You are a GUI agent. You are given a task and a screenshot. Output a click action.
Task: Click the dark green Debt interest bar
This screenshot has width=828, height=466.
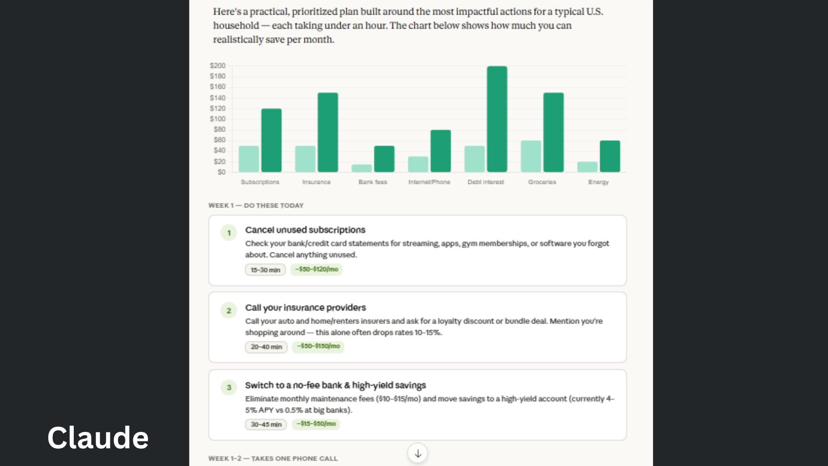click(497, 119)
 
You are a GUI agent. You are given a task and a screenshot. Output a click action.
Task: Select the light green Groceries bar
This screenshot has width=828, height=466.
click(530, 156)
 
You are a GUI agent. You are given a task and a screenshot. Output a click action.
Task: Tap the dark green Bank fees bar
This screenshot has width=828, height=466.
click(384, 159)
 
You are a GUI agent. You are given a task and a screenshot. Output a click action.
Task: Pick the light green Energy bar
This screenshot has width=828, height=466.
click(587, 167)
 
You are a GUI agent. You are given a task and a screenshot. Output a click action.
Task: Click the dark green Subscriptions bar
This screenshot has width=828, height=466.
click(271, 140)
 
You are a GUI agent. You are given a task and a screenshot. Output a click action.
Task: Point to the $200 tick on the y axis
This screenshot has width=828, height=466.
click(218, 66)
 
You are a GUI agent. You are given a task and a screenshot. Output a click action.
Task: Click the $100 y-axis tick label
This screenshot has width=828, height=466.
click(218, 119)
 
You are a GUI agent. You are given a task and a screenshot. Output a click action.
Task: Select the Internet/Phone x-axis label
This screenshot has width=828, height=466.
click(429, 182)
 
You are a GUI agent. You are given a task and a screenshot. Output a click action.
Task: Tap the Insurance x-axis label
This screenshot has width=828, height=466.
click(316, 182)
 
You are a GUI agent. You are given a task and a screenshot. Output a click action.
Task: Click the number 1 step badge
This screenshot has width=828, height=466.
click(229, 233)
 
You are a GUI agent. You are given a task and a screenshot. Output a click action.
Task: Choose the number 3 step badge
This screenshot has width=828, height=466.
click(229, 387)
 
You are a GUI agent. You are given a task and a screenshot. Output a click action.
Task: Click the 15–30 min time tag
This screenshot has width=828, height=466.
click(265, 270)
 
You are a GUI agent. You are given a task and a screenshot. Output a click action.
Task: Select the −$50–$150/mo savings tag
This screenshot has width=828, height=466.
click(318, 346)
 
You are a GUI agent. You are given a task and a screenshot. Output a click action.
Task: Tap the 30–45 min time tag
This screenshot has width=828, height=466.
click(266, 424)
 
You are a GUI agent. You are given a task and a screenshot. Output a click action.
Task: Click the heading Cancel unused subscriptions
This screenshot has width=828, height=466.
click(305, 230)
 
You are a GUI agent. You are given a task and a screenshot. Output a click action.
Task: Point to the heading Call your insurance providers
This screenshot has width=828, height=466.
click(305, 308)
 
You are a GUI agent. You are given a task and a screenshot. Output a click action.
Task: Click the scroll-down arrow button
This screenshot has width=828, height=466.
click(417, 453)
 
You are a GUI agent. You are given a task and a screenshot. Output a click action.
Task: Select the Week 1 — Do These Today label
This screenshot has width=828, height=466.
click(256, 205)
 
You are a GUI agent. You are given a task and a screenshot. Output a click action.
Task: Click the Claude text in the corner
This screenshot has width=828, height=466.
click(98, 438)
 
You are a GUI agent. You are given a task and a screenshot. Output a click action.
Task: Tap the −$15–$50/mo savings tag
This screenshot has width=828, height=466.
click(316, 424)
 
